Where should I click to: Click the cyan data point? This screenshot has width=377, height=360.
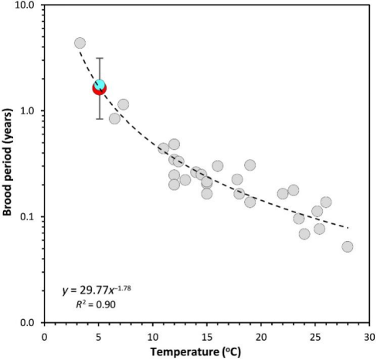[100, 84]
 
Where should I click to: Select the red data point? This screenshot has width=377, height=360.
[100, 89]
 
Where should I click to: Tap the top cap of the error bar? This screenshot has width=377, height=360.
[100, 58]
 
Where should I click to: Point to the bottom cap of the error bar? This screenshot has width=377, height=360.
[100, 119]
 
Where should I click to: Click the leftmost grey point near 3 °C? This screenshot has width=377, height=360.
[80, 43]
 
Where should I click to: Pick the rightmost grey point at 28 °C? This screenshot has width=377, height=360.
[348, 246]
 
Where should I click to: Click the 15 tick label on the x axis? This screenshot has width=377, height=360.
[206, 337]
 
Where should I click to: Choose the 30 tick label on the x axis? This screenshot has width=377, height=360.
[369, 337]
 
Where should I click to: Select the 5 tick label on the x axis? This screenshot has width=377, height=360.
[99, 337]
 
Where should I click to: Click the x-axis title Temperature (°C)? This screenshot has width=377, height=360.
[195, 352]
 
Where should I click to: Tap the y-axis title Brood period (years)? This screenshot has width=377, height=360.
[7, 162]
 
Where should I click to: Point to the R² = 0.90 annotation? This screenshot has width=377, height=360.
[96, 304]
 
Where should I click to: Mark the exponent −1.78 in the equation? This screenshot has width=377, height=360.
[123, 287]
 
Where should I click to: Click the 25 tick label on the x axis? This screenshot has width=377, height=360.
[315, 337]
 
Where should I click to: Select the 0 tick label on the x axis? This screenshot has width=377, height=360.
[44, 337]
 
